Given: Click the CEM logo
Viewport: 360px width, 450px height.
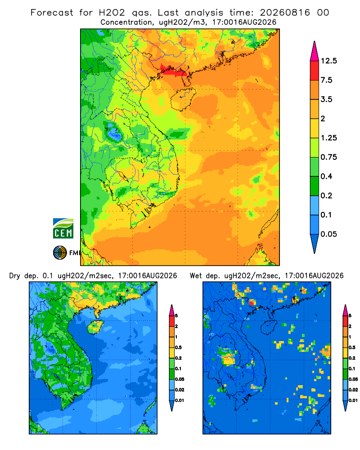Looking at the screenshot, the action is (x=63, y=229).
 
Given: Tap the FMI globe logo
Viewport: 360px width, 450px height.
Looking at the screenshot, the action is (x=60, y=253).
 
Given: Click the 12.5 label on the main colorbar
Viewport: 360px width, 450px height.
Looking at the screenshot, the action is (x=328, y=61).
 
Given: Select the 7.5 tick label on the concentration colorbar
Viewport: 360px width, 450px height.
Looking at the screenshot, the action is (x=326, y=80).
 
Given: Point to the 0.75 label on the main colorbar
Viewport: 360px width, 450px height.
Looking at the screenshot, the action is (x=328, y=157).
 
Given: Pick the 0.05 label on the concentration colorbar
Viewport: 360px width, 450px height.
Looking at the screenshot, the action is (x=328, y=234).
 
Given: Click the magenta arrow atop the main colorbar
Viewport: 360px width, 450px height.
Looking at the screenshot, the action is (x=315, y=51).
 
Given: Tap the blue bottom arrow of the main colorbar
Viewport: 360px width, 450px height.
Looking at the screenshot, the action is (x=315, y=243).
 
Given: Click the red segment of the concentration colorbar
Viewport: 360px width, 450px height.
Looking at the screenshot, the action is (x=315, y=71).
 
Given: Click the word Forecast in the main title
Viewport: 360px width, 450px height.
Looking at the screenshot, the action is (x=52, y=13).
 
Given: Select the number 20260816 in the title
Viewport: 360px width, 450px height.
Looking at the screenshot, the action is (x=285, y=13).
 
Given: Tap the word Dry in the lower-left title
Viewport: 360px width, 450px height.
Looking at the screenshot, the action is (x=15, y=276).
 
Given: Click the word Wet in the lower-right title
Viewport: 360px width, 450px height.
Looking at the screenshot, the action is (x=196, y=276).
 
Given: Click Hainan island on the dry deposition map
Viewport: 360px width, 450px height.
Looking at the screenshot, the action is (x=95, y=328).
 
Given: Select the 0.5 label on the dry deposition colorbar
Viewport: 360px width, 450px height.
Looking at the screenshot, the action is (x=178, y=347).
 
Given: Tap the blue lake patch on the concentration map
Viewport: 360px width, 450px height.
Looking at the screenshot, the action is (x=115, y=134).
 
